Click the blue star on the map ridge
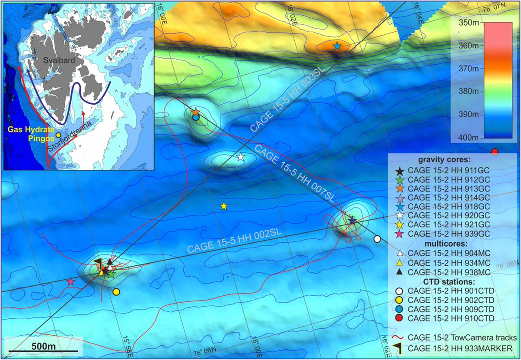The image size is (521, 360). pos(337,46)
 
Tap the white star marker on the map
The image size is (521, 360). pos(241,157)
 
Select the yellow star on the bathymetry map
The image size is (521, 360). pos(224,206)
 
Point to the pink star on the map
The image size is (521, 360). pos(70,281)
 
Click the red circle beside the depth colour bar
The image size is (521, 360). pos(494,151)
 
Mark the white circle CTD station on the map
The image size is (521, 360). pos(377,239)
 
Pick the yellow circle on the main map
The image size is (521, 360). pos(116,292)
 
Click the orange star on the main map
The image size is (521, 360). pos(195,112)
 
